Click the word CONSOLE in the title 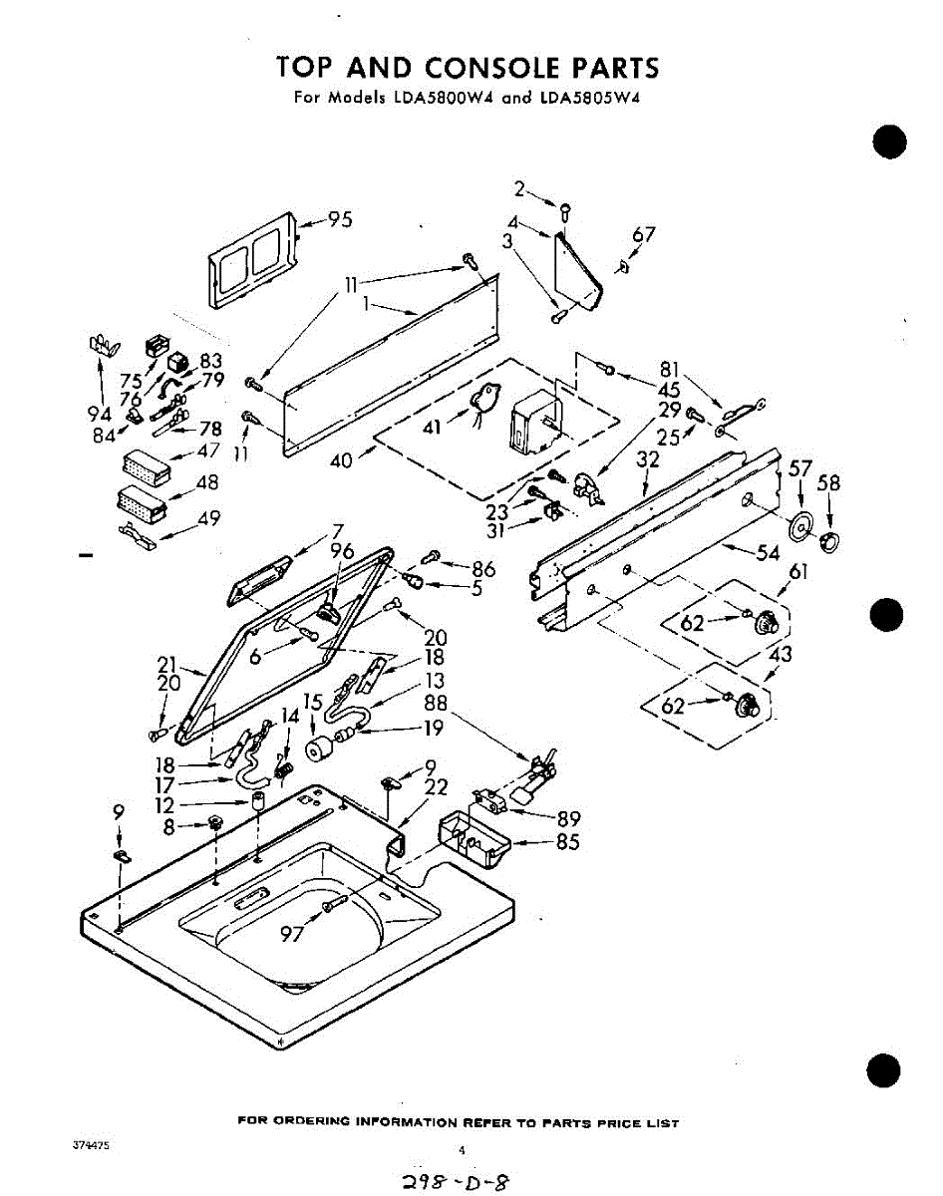point(491,68)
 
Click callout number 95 point(340,220)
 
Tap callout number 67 point(644,235)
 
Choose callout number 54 point(767,554)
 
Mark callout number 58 point(828,484)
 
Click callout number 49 point(208,518)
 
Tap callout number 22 point(435,787)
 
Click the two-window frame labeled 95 point(252,262)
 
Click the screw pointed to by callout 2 point(565,210)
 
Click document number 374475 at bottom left point(91,1146)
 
